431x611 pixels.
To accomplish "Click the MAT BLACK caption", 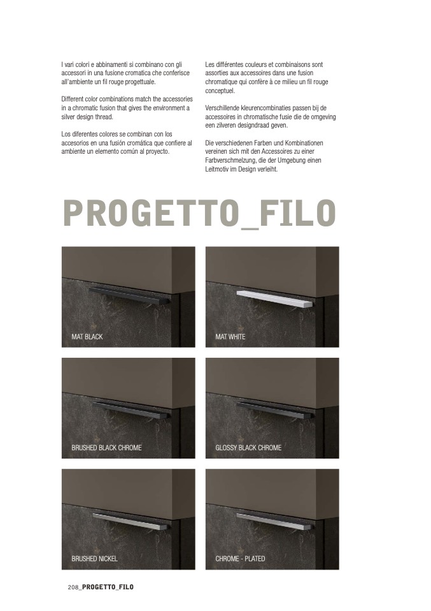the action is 87,337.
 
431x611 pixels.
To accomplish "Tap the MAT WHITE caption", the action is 230,337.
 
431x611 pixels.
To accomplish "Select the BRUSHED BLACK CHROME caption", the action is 106,448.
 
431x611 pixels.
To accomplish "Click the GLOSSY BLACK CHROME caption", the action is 248,448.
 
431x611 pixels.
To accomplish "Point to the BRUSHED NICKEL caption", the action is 94,559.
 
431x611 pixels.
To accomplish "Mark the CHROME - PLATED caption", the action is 241,559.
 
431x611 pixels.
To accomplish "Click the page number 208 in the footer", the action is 73,587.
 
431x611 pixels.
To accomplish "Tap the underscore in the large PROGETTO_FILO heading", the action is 250,228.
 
